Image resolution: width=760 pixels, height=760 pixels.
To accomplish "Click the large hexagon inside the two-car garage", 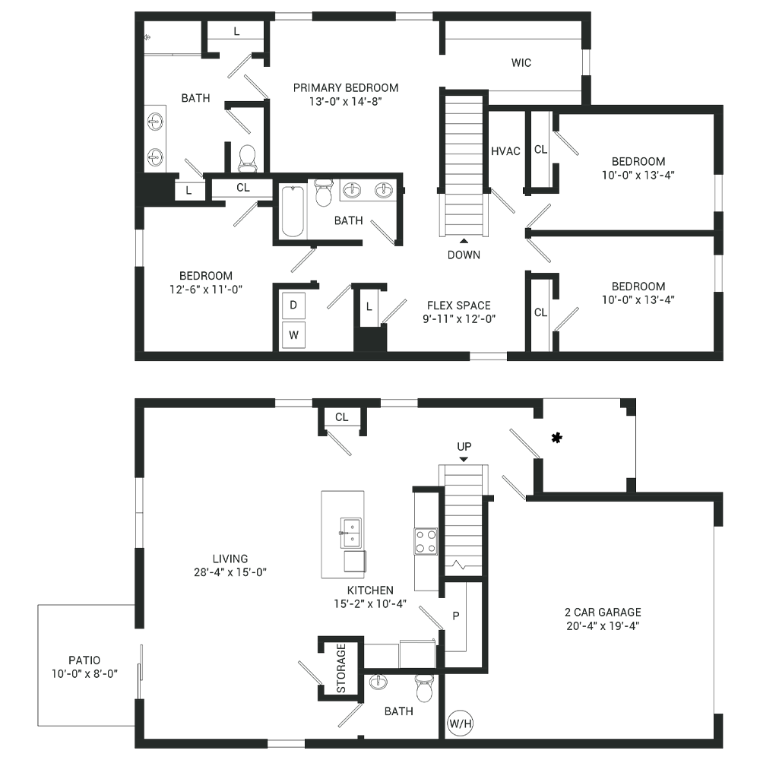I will click(600, 616).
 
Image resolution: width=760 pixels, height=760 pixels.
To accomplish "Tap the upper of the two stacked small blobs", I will click(292, 304).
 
